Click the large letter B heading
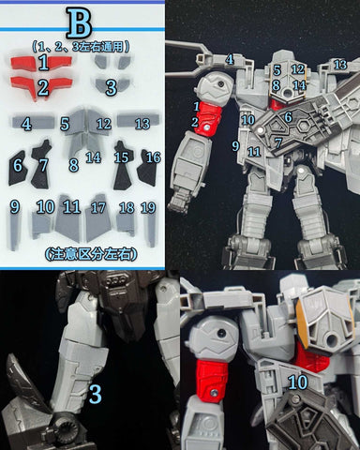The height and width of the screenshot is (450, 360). pos(81,22)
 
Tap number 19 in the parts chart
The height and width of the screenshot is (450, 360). pos(148,207)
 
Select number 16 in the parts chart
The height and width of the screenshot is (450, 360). pos(153,157)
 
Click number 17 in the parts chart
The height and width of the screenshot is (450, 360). pos(98,207)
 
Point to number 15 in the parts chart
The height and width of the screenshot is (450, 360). pos(122,157)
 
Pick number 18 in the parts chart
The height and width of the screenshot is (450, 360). pos(127,207)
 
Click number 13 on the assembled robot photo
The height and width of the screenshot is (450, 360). pos(339,64)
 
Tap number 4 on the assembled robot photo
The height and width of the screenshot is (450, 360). pos(230,59)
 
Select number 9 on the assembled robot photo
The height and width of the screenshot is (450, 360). pos(236,146)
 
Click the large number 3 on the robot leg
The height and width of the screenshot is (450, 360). pos(95,394)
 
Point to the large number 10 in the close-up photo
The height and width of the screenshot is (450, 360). pos(298,382)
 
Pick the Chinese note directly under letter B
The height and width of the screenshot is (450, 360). pos(80,45)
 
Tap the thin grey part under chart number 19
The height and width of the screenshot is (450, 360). pos(148,230)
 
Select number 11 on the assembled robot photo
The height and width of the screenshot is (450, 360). pos(254,151)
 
